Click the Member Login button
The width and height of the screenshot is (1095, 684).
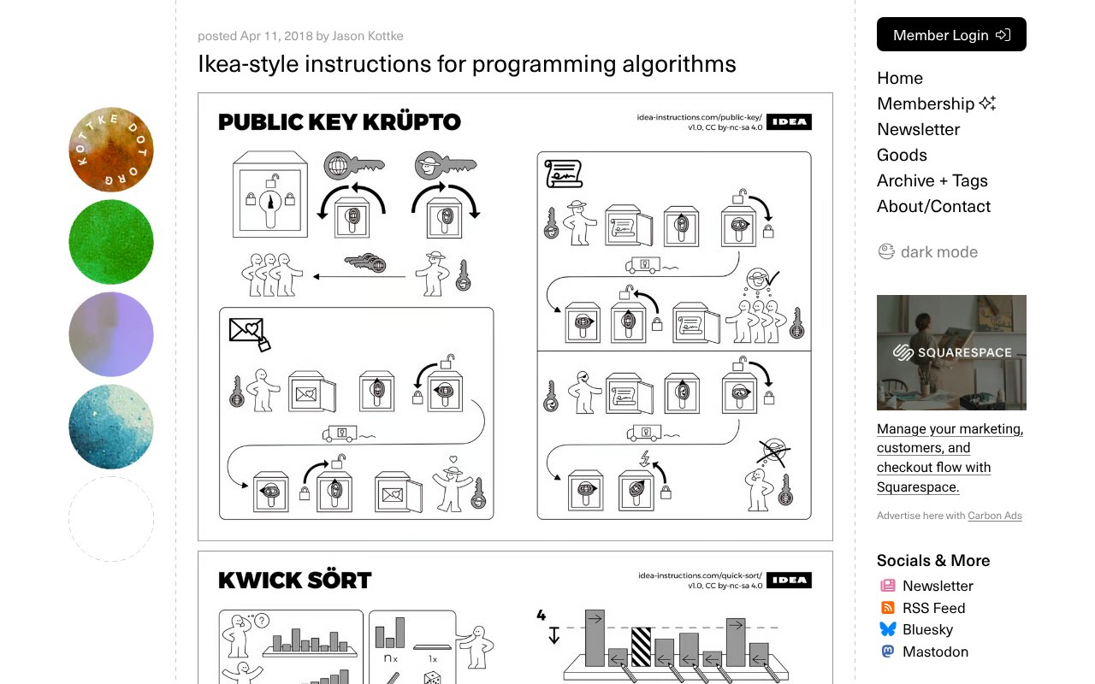951,34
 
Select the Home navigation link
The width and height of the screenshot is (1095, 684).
900,78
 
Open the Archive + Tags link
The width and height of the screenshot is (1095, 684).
932,180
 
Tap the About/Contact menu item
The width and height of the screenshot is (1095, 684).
933,206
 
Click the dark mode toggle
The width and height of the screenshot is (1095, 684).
928,251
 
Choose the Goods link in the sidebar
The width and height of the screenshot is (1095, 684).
902,155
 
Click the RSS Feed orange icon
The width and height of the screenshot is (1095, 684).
888,607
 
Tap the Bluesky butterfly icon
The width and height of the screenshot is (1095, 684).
888,628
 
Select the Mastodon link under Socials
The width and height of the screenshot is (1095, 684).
935,652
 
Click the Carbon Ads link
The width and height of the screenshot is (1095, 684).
995,516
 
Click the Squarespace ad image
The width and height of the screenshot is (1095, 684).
951,352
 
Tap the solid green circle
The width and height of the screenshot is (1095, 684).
111,242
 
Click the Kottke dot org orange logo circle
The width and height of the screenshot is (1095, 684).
111,150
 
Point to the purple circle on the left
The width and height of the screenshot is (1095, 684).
111,334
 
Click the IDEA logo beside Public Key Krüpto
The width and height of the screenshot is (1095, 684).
789,121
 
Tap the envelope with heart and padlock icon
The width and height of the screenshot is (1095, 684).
249,333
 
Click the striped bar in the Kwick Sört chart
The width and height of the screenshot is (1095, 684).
641,646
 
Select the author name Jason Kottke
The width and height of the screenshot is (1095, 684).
368,36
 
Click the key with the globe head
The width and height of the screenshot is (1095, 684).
354,165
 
